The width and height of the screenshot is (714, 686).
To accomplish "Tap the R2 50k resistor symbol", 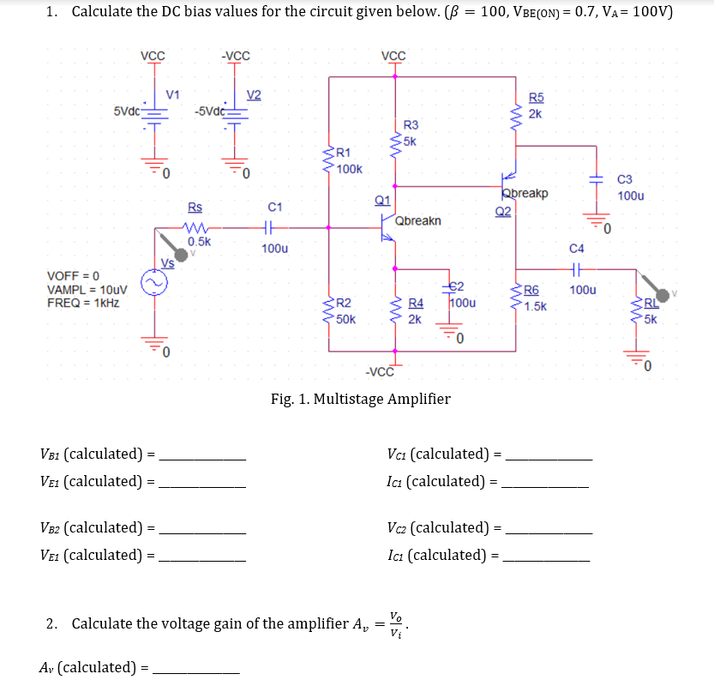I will click(328, 310).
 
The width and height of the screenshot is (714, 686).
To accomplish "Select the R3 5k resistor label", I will click(411, 133).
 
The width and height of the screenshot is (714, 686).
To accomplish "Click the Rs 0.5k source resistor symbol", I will click(197, 228).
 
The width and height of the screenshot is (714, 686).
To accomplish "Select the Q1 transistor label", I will click(382, 201).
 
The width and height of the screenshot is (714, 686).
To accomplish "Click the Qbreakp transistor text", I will click(525, 193).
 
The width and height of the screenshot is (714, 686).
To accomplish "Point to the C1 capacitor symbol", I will click(273, 228).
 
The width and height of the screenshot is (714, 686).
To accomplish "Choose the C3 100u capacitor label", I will click(630, 188).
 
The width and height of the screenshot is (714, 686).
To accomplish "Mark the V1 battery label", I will click(172, 93).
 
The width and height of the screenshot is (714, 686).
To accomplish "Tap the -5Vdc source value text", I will click(209, 111).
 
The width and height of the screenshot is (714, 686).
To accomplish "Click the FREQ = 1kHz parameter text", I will click(83, 303).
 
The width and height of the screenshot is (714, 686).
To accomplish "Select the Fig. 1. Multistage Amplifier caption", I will click(360, 398).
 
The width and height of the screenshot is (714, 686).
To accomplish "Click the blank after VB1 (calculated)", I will click(202, 454).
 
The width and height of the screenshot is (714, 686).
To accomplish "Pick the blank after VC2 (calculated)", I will click(549, 529).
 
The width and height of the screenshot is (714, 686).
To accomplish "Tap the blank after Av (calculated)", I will click(196, 667).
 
